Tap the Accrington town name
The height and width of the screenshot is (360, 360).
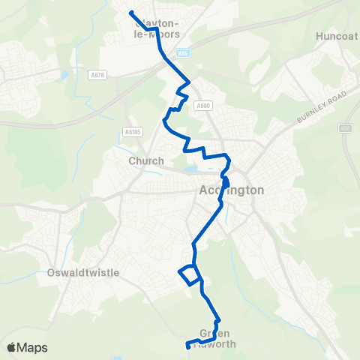pyautogui.click(x=232, y=190)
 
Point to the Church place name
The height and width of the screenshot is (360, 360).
pyautogui.click(x=141, y=160)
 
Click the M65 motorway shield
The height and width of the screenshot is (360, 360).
pyautogui.click(x=184, y=53)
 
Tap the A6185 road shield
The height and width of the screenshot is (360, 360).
pyautogui.click(x=133, y=132)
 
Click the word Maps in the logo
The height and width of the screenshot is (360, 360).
pyautogui.click(x=32, y=347)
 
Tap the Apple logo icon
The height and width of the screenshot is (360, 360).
pyautogui.click(x=11, y=347)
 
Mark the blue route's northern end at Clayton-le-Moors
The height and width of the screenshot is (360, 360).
pyautogui.click(x=130, y=12)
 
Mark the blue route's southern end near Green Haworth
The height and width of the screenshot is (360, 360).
pyautogui.click(x=187, y=346)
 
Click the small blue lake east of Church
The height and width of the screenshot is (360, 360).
pyautogui.click(x=191, y=169)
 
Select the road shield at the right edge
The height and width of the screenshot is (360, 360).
pyautogui.click(x=345, y=128)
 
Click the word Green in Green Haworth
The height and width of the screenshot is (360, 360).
pyautogui.click(x=215, y=333)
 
